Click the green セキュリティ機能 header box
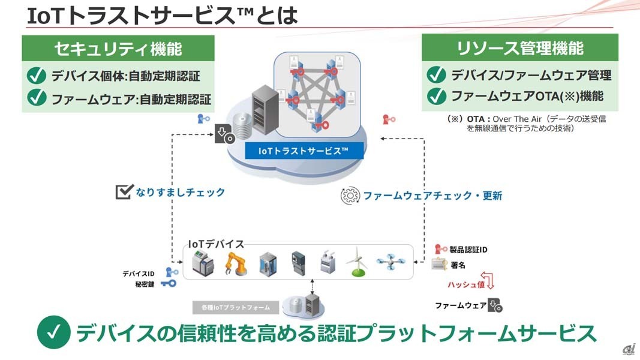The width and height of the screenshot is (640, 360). pyautogui.click(x=118, y=47)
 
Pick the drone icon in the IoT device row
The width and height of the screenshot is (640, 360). pyautogui.click(x=392, y=262)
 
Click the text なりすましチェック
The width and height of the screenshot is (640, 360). pyautogui.click(x=180, y=193)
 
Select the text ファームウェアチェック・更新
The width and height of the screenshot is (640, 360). pyautogui.click(x=432, y=196)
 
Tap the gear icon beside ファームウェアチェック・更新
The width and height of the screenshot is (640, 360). pyautogui.click(x=350, y=196)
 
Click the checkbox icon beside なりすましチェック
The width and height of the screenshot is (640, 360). pyautogui.click(x=124, y=193)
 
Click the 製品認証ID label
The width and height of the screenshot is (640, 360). pyautogui.click(x=470, y=249)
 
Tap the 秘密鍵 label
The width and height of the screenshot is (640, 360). pyautogui.click(x=145, y=284)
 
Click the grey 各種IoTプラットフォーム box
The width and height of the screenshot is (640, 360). pyautogui.click(x=236, y=308)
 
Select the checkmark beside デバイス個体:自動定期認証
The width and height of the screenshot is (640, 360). pyautogui.click(x=37, y=76)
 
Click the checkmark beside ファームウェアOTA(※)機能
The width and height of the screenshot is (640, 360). pyautogui.click(x=436, y=96)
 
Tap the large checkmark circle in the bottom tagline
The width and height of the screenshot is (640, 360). pyautogui.click(x=54, y=333)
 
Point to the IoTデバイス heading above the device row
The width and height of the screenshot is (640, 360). pyautogui.click(x=216, y=244)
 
